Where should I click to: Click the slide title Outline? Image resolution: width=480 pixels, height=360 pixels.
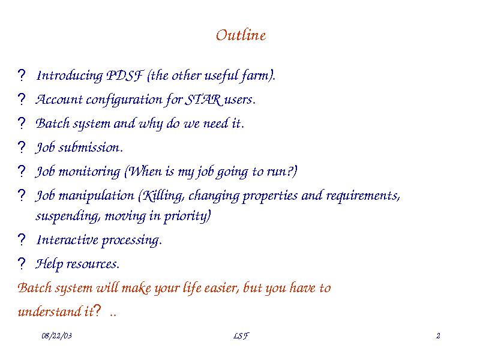241,35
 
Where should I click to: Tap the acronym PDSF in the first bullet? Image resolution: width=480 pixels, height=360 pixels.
125,76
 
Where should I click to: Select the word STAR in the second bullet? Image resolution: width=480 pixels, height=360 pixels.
203,100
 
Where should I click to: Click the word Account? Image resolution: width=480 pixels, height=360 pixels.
59,100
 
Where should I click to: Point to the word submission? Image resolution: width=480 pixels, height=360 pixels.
91,148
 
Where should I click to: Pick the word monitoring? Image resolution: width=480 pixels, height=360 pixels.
89,172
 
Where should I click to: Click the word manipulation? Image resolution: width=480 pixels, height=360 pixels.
96,196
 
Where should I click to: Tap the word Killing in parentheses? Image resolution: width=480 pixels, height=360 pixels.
161,196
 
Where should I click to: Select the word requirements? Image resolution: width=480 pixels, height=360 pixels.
363,196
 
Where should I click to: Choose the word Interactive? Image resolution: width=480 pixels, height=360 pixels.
67,239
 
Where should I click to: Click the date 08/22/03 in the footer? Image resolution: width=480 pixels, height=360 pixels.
56,336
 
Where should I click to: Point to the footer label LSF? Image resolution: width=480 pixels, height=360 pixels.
241,336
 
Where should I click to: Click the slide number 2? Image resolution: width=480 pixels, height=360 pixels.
438,336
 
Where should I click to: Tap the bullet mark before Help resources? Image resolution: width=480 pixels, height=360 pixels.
22,263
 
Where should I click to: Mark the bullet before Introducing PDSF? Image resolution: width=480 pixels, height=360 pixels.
22,76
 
